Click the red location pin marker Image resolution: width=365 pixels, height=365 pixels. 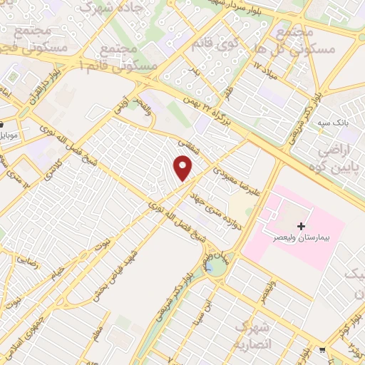coord(184,168)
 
